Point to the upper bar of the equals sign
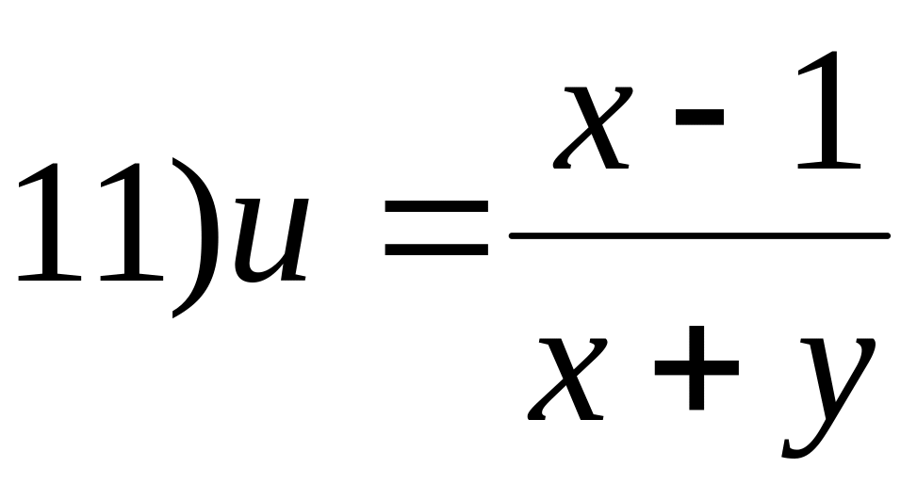(434, 205)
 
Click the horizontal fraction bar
(697, 234)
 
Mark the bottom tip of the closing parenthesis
(175, 315)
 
